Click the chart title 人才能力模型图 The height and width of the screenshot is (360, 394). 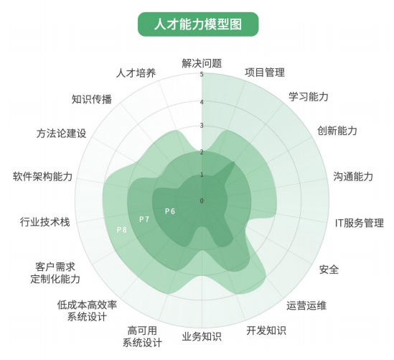click(198, 24)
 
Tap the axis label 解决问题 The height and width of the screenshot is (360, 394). click(202, 63)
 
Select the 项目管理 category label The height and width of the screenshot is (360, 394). click(265, 73)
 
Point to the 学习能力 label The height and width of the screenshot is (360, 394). click(309, 96)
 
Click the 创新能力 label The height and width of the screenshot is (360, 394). click(337, 131)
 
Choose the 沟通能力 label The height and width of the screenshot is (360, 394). click(353, 176)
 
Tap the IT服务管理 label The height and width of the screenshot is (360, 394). click(360, 223)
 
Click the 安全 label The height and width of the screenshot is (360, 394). click(329, 269)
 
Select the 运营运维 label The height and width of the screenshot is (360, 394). click(306, 305)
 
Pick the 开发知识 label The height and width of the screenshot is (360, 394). click(266, 331)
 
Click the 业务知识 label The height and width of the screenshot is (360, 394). click(202, 336)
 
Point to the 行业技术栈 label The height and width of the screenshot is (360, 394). click(45, 222)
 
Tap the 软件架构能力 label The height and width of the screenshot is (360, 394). click(43, 177)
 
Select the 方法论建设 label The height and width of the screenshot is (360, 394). click(61, 134)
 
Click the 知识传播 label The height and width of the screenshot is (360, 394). click(92, 99)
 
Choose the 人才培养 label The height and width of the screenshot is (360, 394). click(136, 73)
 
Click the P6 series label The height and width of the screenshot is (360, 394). click(170, 211)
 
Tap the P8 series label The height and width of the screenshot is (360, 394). click(122, 230)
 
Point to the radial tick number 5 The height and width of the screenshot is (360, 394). click(202, 75)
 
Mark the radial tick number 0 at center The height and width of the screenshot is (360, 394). click(202, 200)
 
